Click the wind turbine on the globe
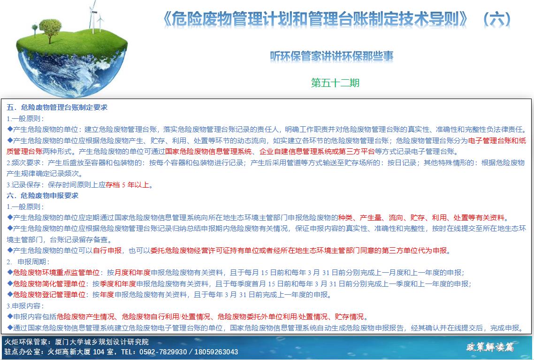[92, 17]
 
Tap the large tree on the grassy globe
[50, 31]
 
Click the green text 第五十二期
[335, 83]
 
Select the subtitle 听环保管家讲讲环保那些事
[332, 56]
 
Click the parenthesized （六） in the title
[497, 19]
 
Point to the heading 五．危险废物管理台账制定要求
[57, 107]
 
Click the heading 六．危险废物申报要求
[42, 196]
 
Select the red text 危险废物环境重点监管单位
[56, 273]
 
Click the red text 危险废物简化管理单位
[49, 283]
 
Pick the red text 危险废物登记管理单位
[49, 295]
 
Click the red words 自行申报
[107, 251]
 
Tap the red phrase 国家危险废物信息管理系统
[208, 152]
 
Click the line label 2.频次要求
[23, 163]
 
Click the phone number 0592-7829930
[163, 352]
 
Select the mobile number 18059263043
[216, 352]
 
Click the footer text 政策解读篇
[490, 347]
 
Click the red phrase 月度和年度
[132, 273]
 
